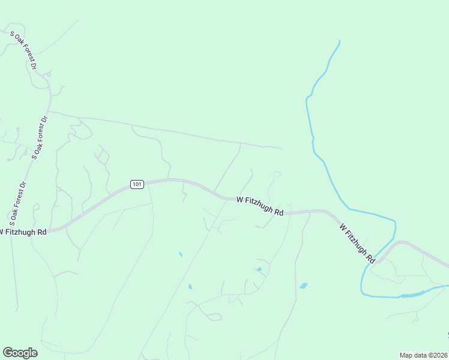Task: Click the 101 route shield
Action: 137,184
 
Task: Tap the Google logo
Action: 20,353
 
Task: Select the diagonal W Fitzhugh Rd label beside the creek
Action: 357,244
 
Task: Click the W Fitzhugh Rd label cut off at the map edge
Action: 23,232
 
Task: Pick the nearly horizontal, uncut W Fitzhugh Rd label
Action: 260,205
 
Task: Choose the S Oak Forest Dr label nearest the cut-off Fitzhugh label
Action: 16,200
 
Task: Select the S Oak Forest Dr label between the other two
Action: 40,137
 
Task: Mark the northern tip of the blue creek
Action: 340,41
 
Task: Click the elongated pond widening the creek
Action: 412,294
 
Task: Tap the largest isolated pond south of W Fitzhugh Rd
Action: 304,286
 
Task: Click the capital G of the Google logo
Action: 8,352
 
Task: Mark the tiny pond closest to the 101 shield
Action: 180,254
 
